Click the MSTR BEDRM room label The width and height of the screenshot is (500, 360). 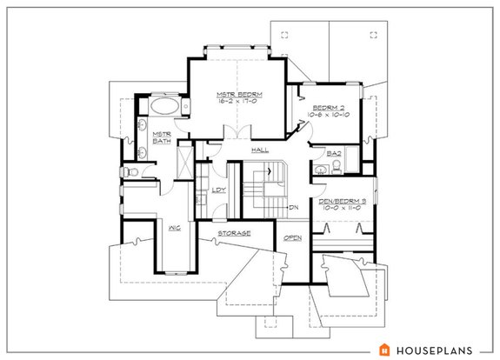(239, 93)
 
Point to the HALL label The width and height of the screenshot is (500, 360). (259, 150)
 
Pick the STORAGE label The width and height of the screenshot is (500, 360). (235, 234)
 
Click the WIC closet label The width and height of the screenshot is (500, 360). (175, 227)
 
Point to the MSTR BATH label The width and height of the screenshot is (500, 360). (161, 138)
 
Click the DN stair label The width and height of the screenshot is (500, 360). (294, 207)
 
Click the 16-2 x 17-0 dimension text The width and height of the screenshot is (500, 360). (239, 101)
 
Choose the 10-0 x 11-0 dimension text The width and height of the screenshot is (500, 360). (345, 209)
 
